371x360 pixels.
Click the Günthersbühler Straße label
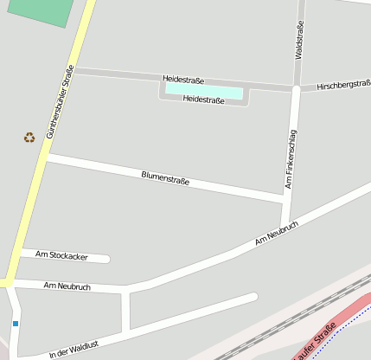click(x=60, y=101)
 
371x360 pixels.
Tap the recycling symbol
click(x=29, y=137)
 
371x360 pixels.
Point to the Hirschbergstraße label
click(x=343, y=85)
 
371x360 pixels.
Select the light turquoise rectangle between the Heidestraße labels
click(x=204, y=90)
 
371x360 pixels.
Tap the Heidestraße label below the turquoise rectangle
click(x=204, y=100)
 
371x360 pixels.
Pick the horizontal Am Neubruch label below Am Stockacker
click(x=67, y=286)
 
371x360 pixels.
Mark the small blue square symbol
click(x=15, y=324)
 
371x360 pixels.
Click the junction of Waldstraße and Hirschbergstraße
click(x=297, y=88)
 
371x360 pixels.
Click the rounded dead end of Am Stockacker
click(x=106, y=258)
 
